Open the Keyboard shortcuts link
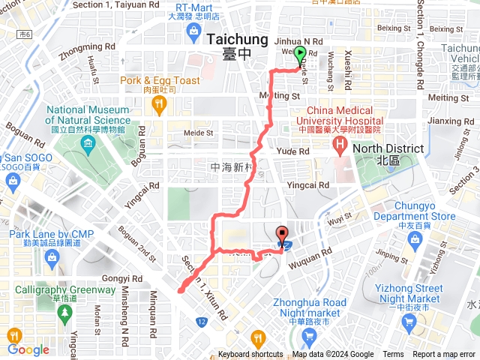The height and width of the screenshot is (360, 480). pyautogui.click(x=251, y=355)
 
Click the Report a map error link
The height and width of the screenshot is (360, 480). pyautogui.click(x=444, y=355)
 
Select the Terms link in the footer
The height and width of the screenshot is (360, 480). pyautogui.click(x=393, y=355)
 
